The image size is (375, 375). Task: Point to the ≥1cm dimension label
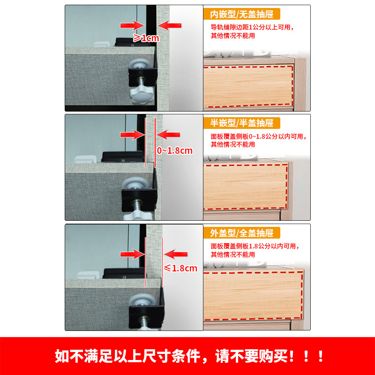coord(146,38)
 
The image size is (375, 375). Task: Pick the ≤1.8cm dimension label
coord(180,268)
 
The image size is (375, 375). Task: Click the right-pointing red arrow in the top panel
coord(131,25)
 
